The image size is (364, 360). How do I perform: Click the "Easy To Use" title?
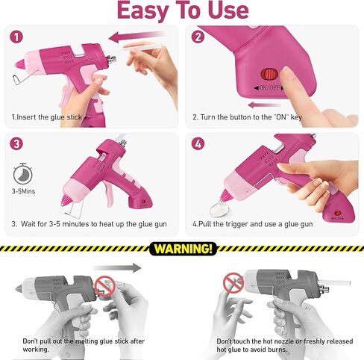[183, 10]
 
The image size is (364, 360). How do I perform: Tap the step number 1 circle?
[16, 37]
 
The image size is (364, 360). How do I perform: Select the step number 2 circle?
[198, 37]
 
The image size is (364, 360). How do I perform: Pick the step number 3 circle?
[16, 144]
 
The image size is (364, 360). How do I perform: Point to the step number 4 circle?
[198, 144]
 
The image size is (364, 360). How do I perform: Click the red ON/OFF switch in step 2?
[269, 74]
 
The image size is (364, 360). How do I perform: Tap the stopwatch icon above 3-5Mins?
[23, 174]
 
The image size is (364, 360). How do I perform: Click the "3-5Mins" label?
[23, 191]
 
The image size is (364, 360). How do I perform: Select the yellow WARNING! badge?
[183, 249]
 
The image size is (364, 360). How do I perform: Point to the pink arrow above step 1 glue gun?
[136, 37]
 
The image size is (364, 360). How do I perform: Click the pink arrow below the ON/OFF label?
[263, 105]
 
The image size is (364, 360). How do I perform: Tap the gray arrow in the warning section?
[117, 268]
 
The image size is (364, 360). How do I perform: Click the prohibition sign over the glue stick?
[105, 286]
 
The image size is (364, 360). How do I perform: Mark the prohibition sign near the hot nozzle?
[233, 283]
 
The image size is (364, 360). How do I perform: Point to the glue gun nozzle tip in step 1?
[16, 64]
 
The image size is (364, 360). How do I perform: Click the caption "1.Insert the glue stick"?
[47, 117]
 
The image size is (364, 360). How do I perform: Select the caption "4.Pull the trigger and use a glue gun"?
[253, 224]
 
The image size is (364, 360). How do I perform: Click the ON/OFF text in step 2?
[269, 88]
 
